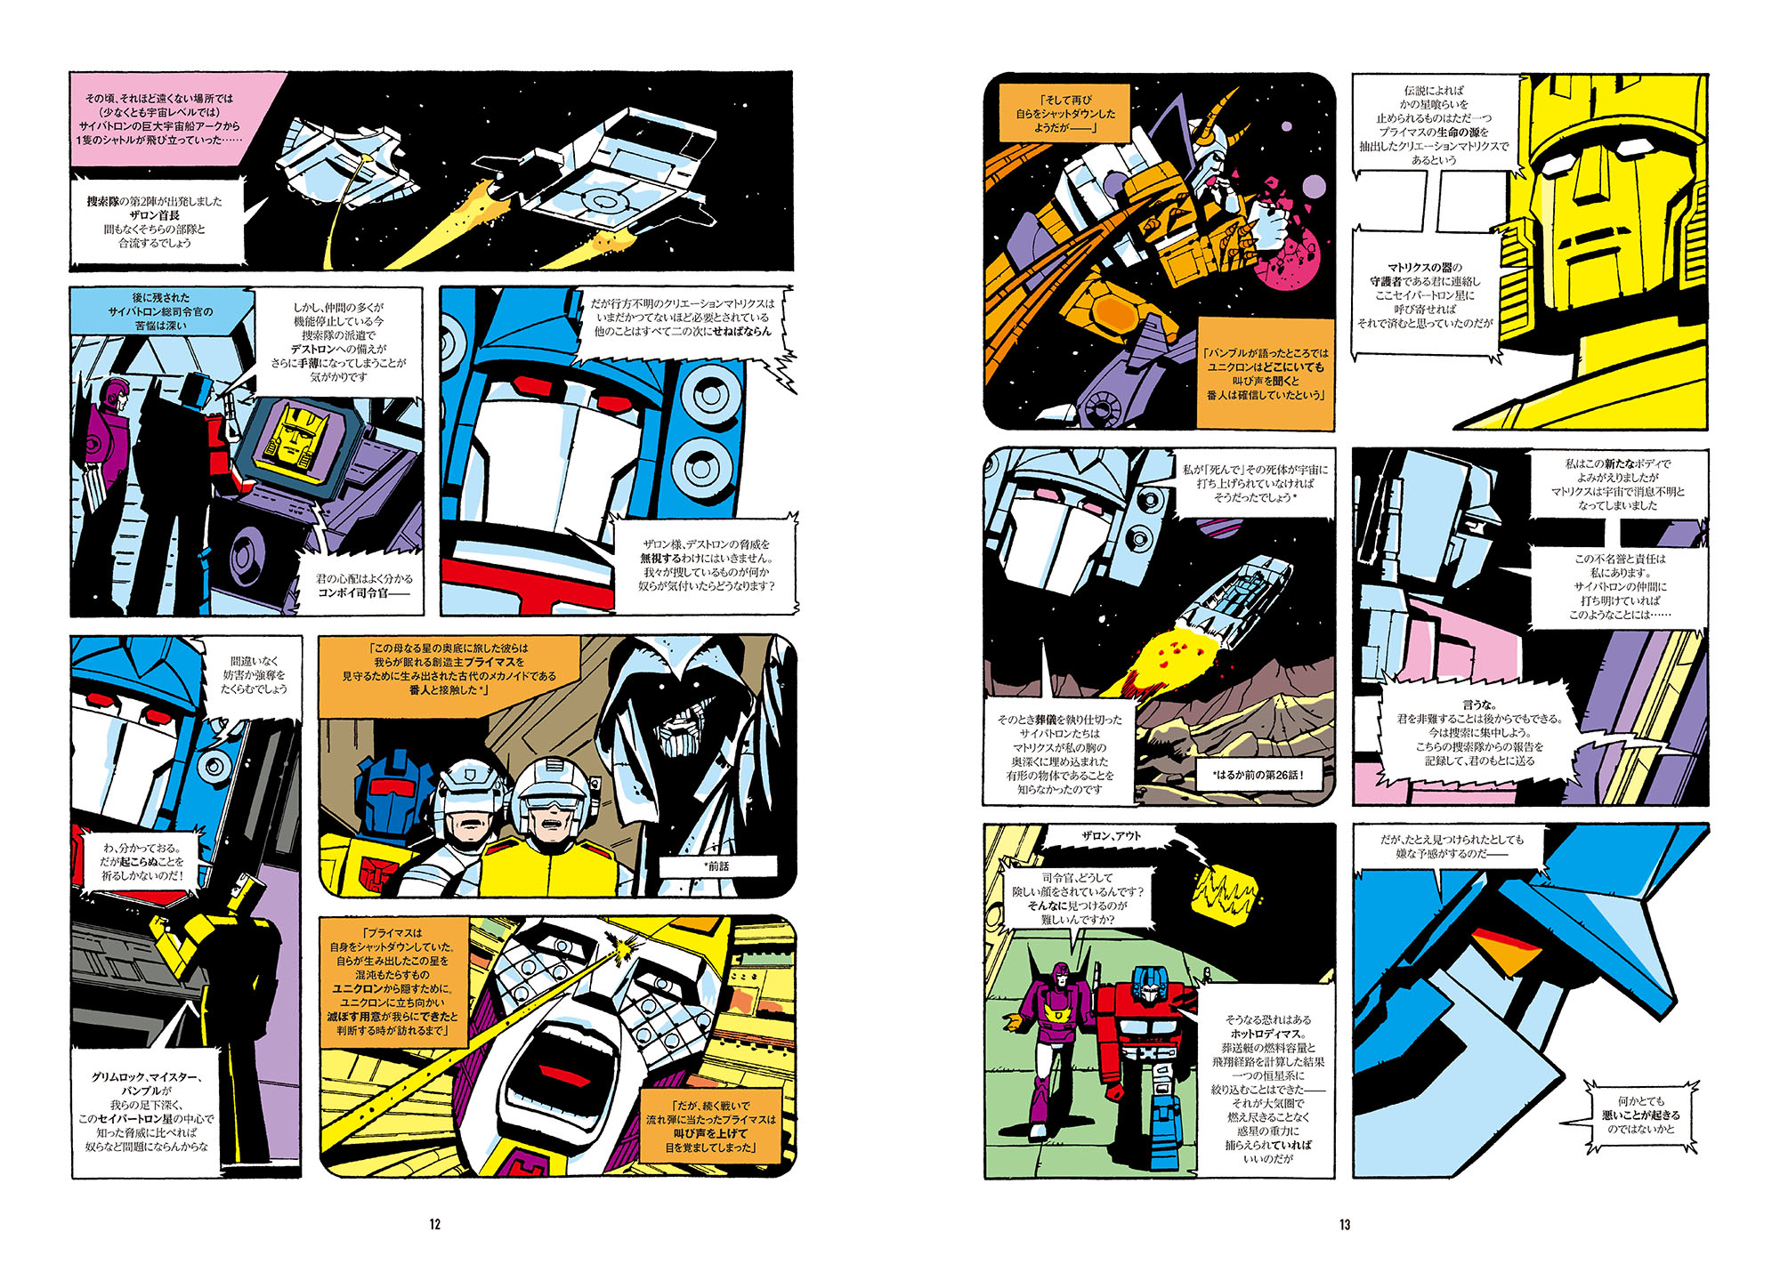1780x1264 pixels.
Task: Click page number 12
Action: pyautogui.click(x=434, y=1224)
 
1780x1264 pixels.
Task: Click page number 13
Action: pyautogui.click(x=1345, y=1224)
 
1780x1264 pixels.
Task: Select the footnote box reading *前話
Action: pyautogui.click(x=717, y=865)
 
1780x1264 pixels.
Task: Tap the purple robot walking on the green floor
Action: pyautogui.click(x=1059, y=1041)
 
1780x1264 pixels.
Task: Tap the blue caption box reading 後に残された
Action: pyautogui.click(x=160, y=311)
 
